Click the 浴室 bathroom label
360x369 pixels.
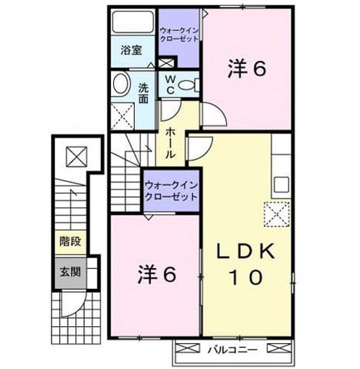click(131, 50)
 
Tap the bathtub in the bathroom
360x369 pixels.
click(133, 22)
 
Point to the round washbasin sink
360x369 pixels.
click(122, 84)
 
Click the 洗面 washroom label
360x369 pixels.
click(143, 93)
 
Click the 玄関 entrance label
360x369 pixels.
click(70, 272)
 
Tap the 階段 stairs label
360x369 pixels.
click(70, 241)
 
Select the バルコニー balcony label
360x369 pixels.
click(232, 350)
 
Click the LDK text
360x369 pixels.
click(246, 251)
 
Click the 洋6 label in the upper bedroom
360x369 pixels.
click(247, 69)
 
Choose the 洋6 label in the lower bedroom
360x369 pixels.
click(157, 274)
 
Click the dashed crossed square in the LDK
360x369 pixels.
click(277, 214)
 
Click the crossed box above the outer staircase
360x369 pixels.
click(76, 157)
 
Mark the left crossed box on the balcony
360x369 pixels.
click(188, 348)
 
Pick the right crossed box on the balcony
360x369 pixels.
click(280, 348)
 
